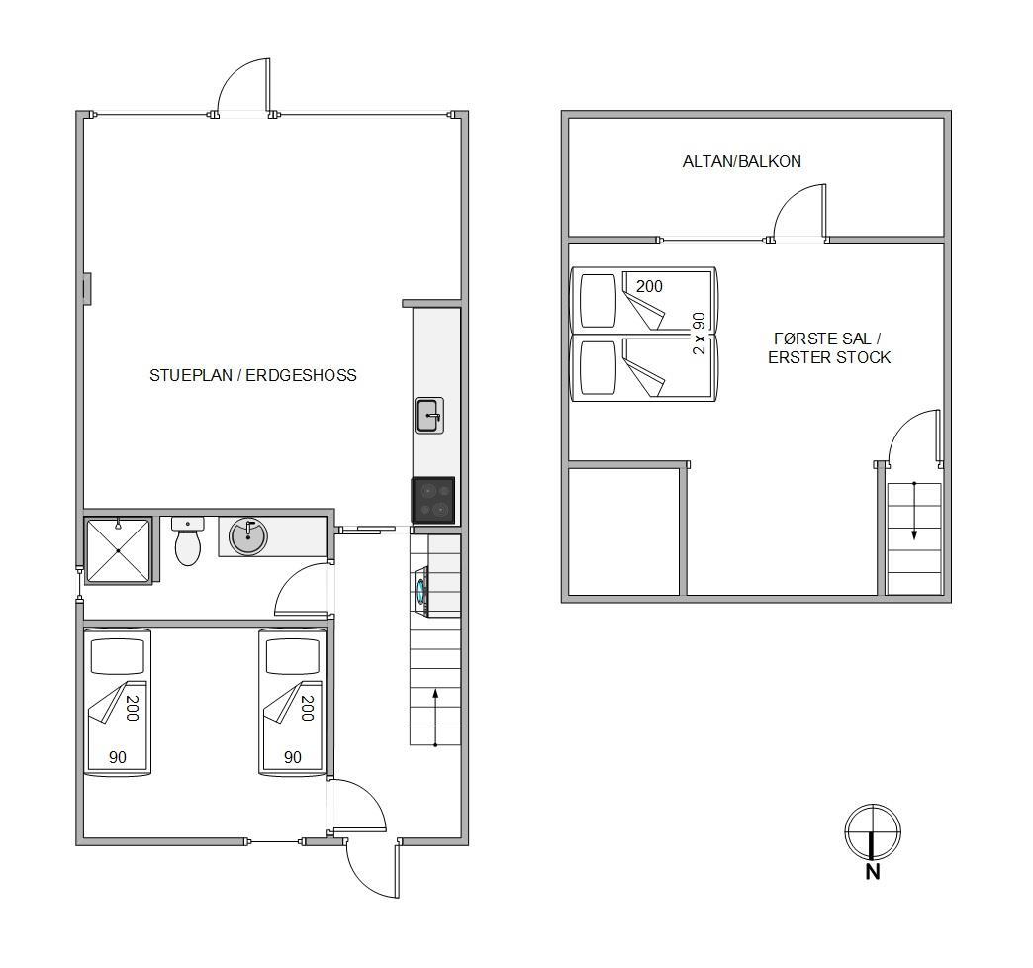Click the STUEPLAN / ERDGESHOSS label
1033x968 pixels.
(x=253, y=375)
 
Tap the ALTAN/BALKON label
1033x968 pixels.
(x=742, y=161)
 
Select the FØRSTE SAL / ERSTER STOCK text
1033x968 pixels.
(x=829, y=348)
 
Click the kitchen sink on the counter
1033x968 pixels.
(x=428, y=415)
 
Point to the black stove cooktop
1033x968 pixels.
(x=433, y=500)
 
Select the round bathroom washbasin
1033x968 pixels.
(x=247, y=535)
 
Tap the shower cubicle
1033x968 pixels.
(x=118, y=550)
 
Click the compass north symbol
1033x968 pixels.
(x=873, y=832)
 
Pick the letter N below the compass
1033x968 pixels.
(x=873, y=872)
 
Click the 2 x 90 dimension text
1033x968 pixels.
(x=699, y=334)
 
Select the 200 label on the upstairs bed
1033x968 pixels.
(x=649, y=286)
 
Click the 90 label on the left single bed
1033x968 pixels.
(x=118, y=757)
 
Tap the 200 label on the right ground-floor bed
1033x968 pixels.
(x=307, y=708)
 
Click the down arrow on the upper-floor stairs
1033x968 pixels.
(x=913, y=511)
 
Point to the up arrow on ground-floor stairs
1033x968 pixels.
(x=435, y=718)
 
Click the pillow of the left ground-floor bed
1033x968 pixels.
(x=118, y=655)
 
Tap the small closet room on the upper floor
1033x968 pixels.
(x=623, y=532)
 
